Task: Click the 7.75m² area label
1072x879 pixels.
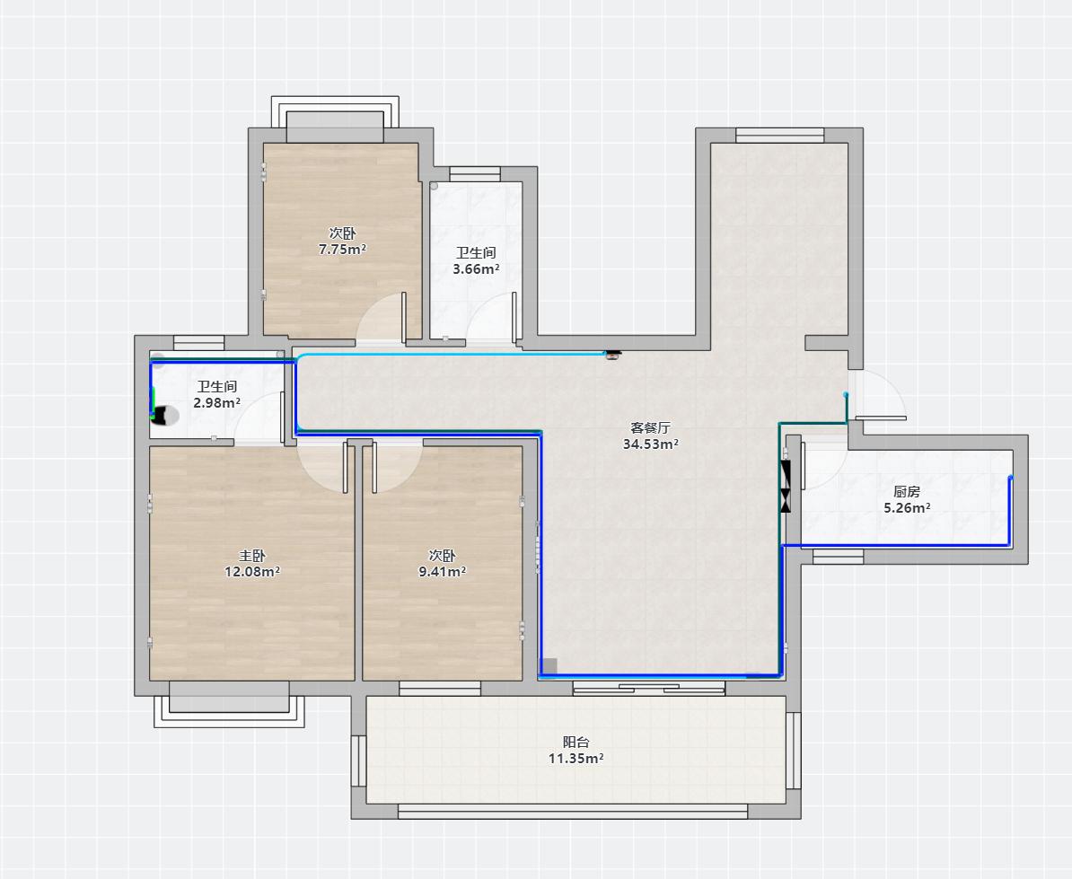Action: pos(342,250)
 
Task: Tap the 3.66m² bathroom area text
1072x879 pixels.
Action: pos(476,269)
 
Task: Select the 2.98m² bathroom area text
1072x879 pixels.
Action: pos(216,403)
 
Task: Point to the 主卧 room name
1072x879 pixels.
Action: pos(252,556)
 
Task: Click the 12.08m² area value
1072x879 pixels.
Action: pos(252,572)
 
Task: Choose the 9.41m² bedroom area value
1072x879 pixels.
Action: pos(442,572)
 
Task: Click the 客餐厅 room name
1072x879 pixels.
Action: pos(650,428)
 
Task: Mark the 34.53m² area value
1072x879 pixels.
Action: pos(650,444)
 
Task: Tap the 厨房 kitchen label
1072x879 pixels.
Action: pos(907,492)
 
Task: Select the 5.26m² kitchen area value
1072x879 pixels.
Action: pos(907,508)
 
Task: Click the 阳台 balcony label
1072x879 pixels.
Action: pos(576,743)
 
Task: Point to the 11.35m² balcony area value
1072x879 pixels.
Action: pos(576,759)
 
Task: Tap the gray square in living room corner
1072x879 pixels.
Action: pos(549,666)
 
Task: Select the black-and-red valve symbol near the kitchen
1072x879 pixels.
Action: pos(786,487)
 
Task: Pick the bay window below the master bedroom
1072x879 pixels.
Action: pos(229,703)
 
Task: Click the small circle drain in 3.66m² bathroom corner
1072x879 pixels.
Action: pos(434,186)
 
